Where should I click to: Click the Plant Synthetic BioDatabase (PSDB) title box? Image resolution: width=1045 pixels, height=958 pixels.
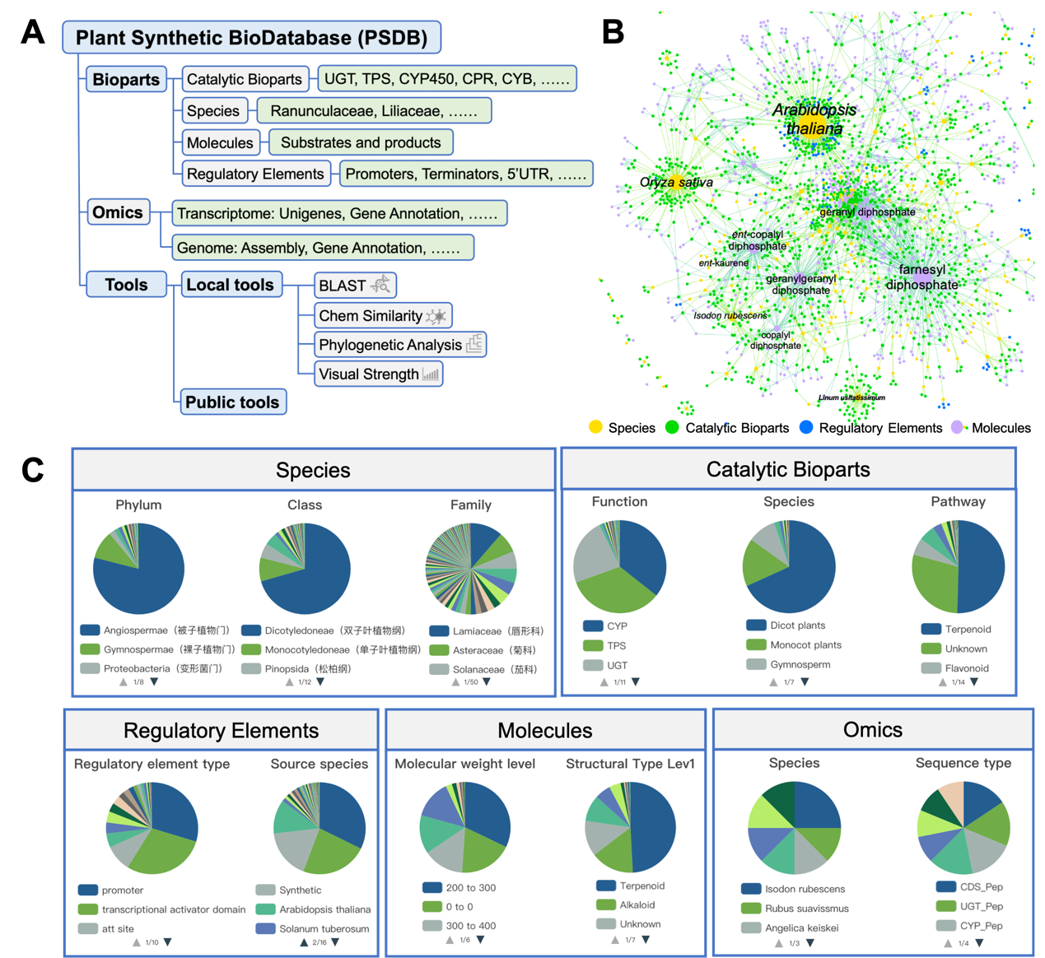tap(251, 38)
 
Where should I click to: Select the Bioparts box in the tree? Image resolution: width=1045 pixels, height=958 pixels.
tap(126, 80)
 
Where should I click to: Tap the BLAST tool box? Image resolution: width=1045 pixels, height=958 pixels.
tap(355, 286)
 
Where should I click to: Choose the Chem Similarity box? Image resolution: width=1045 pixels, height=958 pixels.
tap(382, 316)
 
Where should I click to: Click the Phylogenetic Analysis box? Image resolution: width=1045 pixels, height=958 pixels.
tap(400, 345)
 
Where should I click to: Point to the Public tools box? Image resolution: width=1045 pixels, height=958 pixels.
tap(232, 402)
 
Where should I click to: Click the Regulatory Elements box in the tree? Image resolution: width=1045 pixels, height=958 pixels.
tap(255, 174)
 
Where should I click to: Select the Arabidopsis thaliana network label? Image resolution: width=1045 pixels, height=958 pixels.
tap(814, 120)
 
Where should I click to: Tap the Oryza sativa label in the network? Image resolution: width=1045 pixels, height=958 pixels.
tap(676, 183)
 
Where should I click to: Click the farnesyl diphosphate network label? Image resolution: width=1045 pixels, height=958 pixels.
tap(922, 277)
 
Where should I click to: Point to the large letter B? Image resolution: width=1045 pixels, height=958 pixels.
tap(613, 32)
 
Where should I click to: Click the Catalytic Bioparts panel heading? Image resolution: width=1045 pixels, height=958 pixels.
tap(788, 469)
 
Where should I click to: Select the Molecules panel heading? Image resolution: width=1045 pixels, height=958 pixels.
tap(544, 731)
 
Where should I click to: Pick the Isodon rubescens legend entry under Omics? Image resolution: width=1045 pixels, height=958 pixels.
tap(794, 889)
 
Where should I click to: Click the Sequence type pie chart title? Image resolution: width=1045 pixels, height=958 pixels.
tap(963, 763)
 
